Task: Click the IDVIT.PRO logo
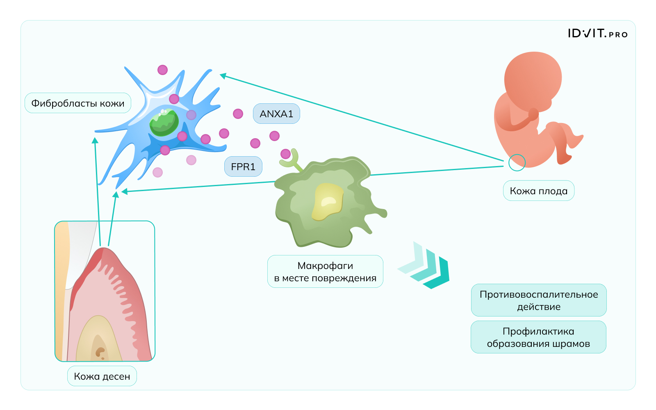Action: [x=597, y=34]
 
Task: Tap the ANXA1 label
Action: [x=276, y=114]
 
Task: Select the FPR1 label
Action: [x=243, y=167]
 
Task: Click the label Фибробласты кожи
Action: [x=78, y=103]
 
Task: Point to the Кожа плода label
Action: [x=538, y=191]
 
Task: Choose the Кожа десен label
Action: [x=102, y=376]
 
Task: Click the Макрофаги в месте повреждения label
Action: [x=325, y=272]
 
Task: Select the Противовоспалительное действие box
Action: [x=538, y=301]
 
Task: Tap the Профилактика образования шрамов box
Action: [x=538, y=337]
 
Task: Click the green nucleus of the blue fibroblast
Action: [x=164, y=123]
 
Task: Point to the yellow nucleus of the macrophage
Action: [x=328, y=201]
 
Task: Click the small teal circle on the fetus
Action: [x=517, y=163]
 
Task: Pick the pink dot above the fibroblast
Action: [x=163, y=70]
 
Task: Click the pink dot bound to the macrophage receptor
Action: [x=285, y=154]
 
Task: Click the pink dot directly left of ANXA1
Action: [x=238, y=114]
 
